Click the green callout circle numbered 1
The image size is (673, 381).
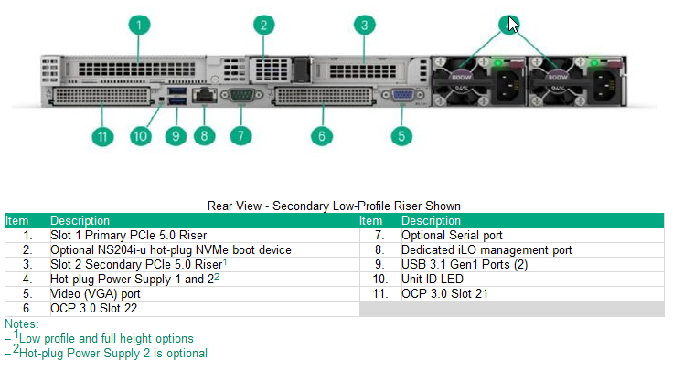(138, 25)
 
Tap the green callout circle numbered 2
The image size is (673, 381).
(263, 25)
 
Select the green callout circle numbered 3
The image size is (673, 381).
(364, 25)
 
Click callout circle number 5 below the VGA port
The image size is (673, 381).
(401, 136)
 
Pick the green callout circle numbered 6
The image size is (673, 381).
(319, 136)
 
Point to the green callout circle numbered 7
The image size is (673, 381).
(240, 136)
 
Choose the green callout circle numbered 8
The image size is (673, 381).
(204, 136)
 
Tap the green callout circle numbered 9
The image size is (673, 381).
(174, 136)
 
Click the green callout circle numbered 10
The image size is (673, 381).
(139, 136)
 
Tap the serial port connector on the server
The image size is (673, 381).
(240, 94)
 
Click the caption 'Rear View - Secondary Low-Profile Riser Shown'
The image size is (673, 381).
(334, 206)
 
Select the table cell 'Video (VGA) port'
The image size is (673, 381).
(95, 294)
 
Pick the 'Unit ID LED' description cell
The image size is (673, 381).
(433, 280)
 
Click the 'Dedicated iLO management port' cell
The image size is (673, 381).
(486, 249)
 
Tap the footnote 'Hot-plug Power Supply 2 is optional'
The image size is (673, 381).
(112, 353)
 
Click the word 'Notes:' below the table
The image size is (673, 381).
(22, 323)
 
